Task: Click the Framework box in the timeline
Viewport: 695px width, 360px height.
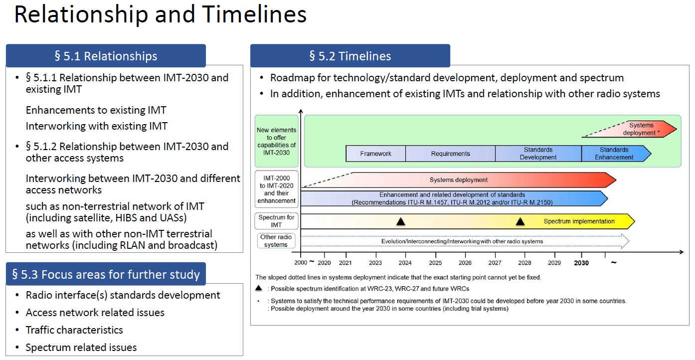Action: click(x=376, y=154)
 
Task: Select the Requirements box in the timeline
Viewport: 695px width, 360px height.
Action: click(x=450, y=154)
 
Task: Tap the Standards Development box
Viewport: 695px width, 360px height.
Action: click(x=538, y=154)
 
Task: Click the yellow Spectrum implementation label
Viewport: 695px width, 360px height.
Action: click(x=579, y=221)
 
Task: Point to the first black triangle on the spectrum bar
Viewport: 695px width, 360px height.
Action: click(x=401, y=221)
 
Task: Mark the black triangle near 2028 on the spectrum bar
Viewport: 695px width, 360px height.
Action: click(x=521, y=221)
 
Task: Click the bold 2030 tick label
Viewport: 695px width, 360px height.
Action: click(x=581, y=263)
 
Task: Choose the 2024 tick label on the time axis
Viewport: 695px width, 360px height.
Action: click(x=405, y=263)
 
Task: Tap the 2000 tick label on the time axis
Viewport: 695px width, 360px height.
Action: click(x=301, y=263)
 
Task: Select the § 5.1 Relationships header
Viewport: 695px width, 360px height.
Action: click(x=106, y=56)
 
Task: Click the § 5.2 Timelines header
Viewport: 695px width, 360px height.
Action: click(x=350, y=56)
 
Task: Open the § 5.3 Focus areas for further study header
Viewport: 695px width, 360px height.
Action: click(x=106, y=274)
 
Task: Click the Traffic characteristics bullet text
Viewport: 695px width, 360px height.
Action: click(x=74, y=330)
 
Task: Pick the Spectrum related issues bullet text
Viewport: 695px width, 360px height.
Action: click(x=81, y=347)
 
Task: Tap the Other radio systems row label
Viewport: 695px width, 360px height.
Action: click(x=276, y=241)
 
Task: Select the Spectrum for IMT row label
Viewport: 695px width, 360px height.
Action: click(x=276, y=221)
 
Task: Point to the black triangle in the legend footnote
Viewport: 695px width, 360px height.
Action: click(x=259, y=288)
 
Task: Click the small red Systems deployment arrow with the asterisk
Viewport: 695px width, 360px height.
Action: click(x=630, y=129)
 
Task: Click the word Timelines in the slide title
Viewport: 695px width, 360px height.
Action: click(x=254, y=14)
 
